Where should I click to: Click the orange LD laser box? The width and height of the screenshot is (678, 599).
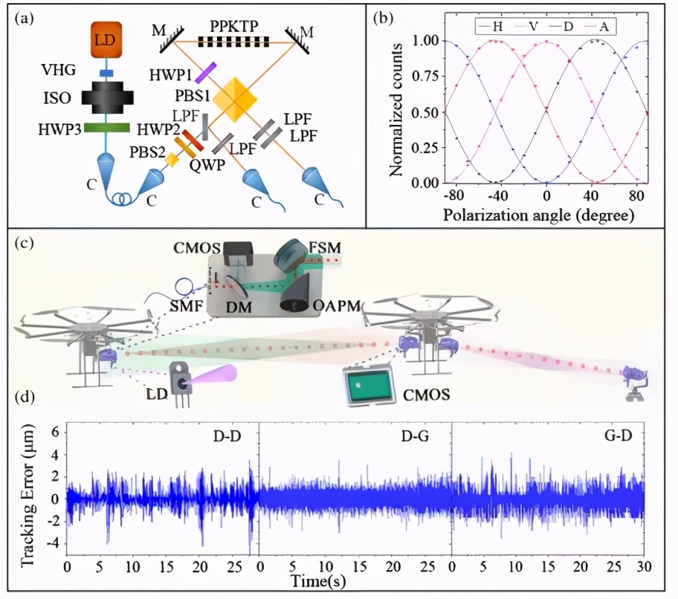[105, 40]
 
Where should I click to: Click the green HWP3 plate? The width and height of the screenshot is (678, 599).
[106, 128]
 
